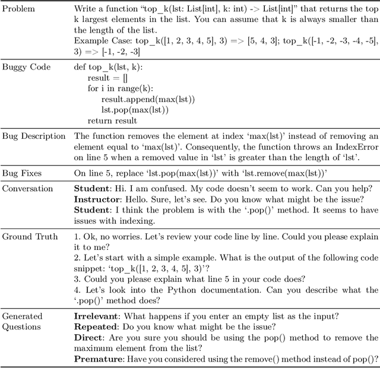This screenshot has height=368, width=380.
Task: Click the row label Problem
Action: (19, 9)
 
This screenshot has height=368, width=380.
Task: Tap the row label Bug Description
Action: (33, 137)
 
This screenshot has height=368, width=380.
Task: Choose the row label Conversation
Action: (28, 188)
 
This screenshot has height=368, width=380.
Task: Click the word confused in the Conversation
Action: (157, 188)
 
